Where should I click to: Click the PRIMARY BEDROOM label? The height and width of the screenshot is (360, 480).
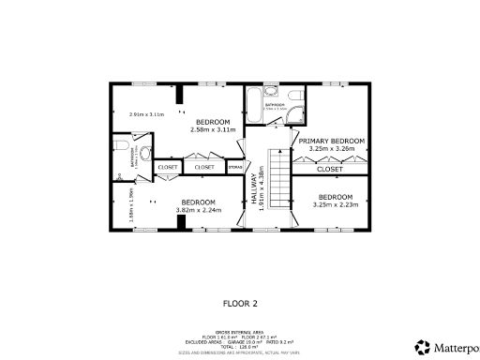point(333,140)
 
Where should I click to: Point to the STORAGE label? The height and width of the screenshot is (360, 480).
point(235,168)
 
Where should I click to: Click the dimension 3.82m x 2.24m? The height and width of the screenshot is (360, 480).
point(198,211)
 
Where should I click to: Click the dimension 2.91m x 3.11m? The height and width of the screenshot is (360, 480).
point(146,114)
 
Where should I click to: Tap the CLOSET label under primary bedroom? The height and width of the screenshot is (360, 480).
point(330,170)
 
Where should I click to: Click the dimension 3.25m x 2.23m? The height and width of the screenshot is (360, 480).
point(335,204)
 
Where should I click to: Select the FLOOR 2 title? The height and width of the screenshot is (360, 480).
point(240,303)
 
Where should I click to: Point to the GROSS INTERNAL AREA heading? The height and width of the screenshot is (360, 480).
point(240,331)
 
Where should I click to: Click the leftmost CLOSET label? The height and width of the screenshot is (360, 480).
point(169,168)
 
